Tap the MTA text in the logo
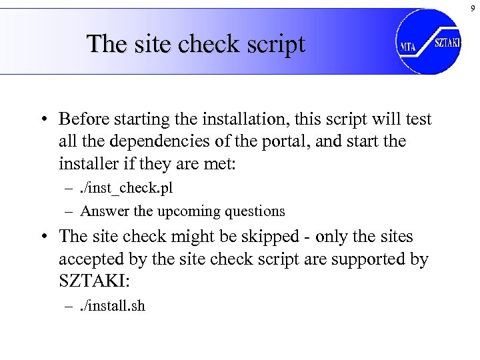point(407,47)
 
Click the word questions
point(255,211)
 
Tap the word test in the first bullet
point(419,119)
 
